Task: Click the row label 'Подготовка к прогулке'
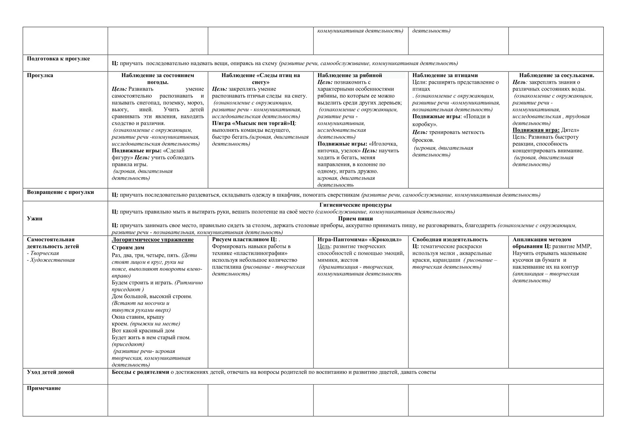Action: pyautogui.click(x=58, y=59)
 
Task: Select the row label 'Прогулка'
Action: pyautogui.click(x=40, y=76)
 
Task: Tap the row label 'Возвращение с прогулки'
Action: pyautogui.click(x=60, y=192)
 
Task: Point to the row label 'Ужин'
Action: pyautogui.click(x=35, y=219)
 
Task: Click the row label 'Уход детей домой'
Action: pyautogui.click(x=51, y=372)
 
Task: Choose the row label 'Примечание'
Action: pyautogui.click(x=44, y=388)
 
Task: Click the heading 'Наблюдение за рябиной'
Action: pyautogui.click(x=350, y=76)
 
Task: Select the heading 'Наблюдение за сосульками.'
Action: pyautogui.click(x=556, y=76)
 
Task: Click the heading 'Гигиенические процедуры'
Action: pyautogui.click(x=355, y=205)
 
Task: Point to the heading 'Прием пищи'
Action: pyautogui.click(x=355, y=219)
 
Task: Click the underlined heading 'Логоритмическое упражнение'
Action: pyautogui.click(x=153, y=240)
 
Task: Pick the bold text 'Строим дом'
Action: pyautogui.click(x=128, y=248)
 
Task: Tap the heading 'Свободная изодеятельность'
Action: pyautogui.click(x=450, y=240)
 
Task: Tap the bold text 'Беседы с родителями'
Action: pyautogui.click(x=141, y=372)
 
